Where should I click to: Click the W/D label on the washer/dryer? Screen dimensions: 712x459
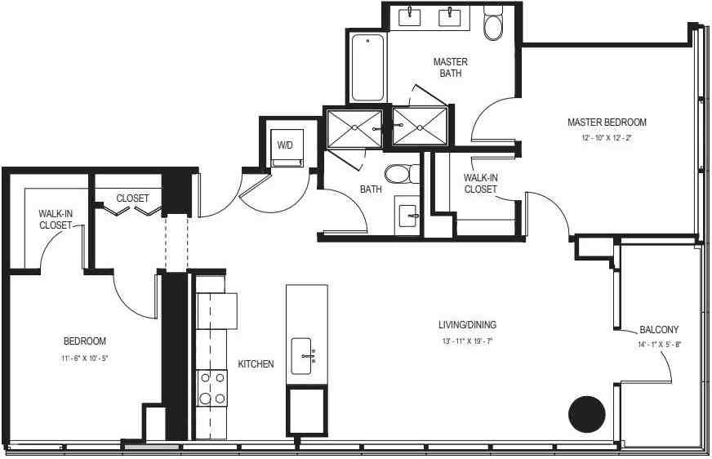(x=285, y=145)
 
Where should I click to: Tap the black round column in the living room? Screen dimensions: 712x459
(x=587, y=414)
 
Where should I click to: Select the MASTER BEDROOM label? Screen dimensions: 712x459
(x=607, y=123)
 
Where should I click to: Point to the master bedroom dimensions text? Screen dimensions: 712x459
(x=607, y=137)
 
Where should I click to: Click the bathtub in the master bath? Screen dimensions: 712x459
(x=367, y=68)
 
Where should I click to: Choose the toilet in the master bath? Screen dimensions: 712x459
(x=493, y=23)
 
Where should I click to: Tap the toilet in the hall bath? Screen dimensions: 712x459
(x=403, y=173)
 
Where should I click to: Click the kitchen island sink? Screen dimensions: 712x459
(x=301, y=356)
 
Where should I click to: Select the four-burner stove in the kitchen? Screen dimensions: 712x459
(x=212, y=388)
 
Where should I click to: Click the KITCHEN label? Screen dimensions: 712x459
(x=256, y=364)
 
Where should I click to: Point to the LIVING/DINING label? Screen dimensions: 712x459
(x=467, y=324)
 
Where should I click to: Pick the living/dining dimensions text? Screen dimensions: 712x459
(x=467, y=341)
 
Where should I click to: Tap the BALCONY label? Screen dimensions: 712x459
(x=659, y=330)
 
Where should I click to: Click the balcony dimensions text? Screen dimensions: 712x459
(x=659, y=345)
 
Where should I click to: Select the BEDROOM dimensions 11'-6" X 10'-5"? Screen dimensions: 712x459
(x=85, y=359)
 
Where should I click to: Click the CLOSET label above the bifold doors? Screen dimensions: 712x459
(x=132, y=198)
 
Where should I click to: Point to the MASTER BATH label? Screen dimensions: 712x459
(x=451, y=67)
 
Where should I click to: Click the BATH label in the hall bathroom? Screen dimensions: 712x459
(x=371, y=189)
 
